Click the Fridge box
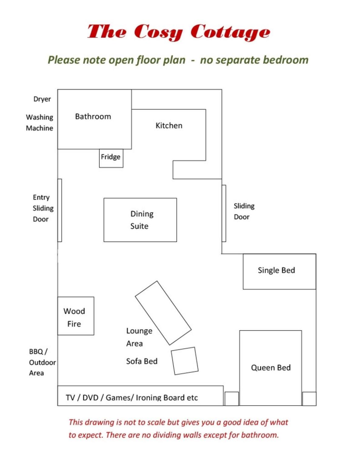111,158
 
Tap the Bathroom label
93,116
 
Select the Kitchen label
169,126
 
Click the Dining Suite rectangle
140,220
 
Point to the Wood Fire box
76,316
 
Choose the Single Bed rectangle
279,271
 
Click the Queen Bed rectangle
271,368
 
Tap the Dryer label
42,99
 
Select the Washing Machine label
40,123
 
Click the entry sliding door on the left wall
60,210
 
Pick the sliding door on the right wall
224,213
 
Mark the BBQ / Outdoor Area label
42,362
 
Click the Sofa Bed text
142,361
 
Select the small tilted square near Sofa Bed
185,361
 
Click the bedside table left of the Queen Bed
232,399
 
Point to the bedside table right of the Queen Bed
309,399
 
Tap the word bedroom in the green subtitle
286,60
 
